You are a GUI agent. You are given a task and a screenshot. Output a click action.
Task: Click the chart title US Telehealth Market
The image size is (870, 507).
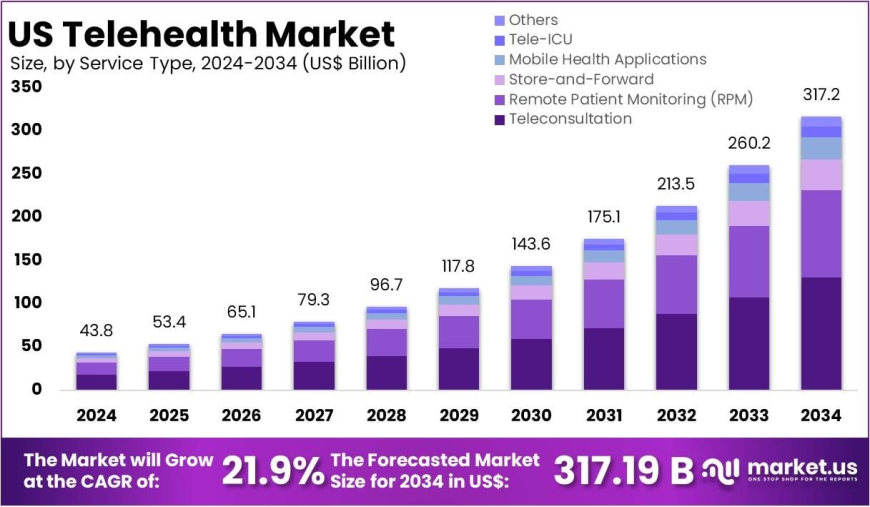point(201,33)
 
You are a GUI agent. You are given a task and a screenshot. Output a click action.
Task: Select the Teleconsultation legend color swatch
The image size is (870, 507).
point(499,120)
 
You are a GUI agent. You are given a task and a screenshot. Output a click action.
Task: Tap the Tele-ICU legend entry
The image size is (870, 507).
point(541,40)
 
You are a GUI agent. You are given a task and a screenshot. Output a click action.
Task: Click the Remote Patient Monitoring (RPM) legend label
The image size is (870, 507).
point(630,99)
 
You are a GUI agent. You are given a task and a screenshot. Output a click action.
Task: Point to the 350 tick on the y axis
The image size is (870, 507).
point(26,87)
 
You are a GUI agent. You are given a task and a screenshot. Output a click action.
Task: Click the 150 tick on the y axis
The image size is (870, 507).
point(26,260)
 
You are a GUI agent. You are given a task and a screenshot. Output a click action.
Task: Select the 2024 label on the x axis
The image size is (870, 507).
point(96,415)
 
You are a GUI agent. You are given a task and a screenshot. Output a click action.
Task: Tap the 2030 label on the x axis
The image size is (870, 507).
point(531,415)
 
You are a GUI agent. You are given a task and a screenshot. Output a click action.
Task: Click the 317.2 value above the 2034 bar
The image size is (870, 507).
point(820,96)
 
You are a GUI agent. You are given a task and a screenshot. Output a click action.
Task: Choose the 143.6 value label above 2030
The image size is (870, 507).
point(531,245)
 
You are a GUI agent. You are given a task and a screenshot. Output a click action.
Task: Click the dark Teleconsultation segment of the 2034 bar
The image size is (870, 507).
point(820,333)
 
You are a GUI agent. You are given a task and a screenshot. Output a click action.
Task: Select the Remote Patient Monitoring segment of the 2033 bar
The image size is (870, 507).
point(748,261)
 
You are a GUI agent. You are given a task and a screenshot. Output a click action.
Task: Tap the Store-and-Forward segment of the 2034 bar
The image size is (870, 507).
point(820,174)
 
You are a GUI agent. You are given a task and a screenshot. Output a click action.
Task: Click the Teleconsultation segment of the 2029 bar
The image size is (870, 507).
point(458,368)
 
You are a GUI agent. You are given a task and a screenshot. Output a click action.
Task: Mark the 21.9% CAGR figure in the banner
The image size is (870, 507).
point(272,470)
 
